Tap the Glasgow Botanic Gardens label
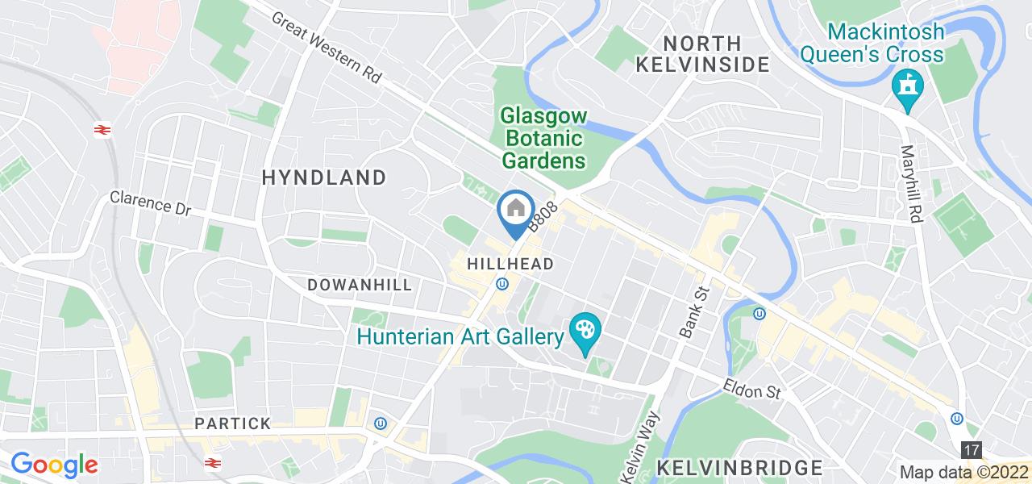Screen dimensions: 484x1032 pyautogui.click(x=544, y=138)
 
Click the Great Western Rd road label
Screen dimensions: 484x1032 pyautogui.click(x=327, y=48)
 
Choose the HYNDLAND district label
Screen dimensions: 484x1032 pyautogui.click(x=324, y=177)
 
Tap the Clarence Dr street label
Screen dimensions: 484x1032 pyautogui.click(x=151, y=202)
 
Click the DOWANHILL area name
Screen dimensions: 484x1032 pyautogui.click(x=360, y=285)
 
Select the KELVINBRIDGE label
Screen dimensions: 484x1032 pyautogui.click(x=740, y=467)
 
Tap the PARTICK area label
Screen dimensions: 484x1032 pyautogui.click(x=232, y=423)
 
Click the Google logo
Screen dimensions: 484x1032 pyautogui.click(x=53, y=465)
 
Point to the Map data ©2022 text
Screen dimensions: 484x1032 pyautogui.click(x=964, y=473)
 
